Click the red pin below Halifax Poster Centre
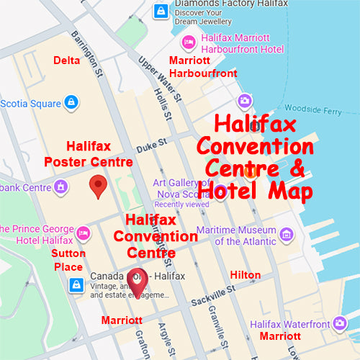pos(99,187)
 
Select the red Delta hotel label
pos(67,61)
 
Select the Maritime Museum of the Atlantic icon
pos(287,235)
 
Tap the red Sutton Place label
pos(68,260)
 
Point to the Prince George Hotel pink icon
pos(84,233)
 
